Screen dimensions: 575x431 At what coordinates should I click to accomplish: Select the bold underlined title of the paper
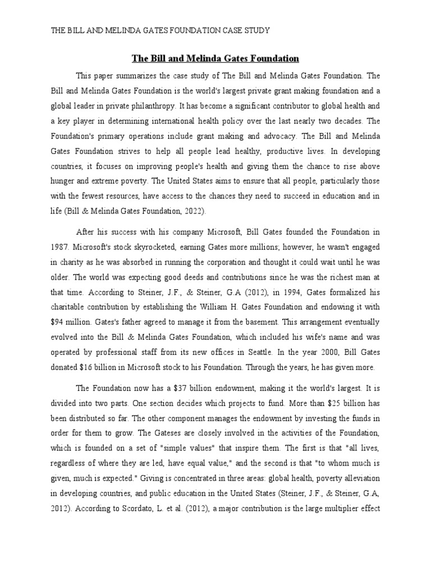pos(215,58)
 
